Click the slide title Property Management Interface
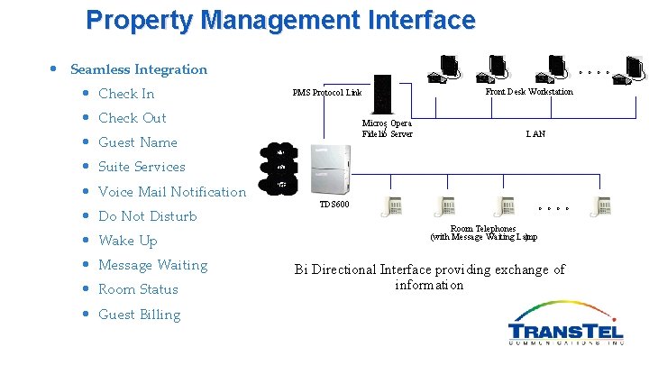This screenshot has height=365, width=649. pyautogui.click(x=280, y=20)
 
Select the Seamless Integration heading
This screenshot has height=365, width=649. pyautogui.click(x=138, y=69)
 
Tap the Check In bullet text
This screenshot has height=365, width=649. pyautogui.click(x=126, y=94)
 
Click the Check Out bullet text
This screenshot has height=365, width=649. pyautogui.click(x=132, y=118)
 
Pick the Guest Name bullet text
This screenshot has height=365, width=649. pyautogui.click(x=137, y=142)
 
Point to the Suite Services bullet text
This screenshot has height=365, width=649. pyautogui.click(x=142, y=167)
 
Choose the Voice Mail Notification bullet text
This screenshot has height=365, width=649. pyautogui.click(x=171, y=191)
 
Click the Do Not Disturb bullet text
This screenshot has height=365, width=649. pyautogui.click(x=147, y=216)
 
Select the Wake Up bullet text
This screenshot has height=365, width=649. pyautogui.click(x=127, y=241)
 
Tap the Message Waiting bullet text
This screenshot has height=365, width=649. pyautogui.click(x=152, y=265)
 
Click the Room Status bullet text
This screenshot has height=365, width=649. pyautogui.click(x=138, y=289)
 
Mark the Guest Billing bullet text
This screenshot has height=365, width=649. pyautogui.click(x=139, y=315)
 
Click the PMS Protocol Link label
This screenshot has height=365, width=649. pyautogui.click(x=327, y=93)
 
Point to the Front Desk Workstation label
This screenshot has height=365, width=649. pyautogui.click(x=528, y=92)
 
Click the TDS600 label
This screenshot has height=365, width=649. pyautogui.click(x=334, y=205)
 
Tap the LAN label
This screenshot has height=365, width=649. pyautogui.click(x=535, y=133)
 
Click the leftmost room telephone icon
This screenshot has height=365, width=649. pyautogui.click(x=395, y=205)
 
